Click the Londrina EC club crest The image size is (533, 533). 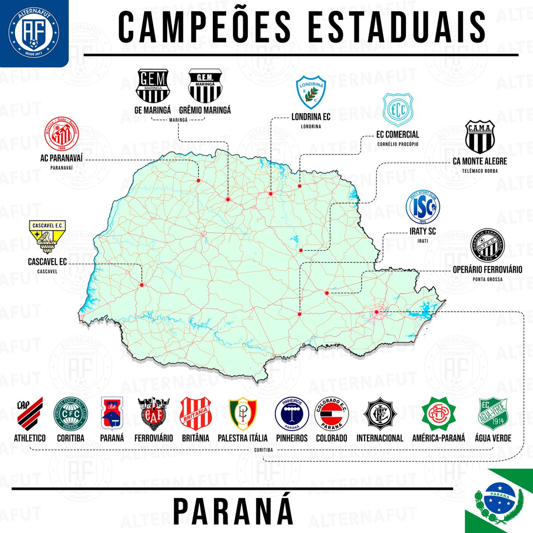pyautogui.click(x=311, y=92)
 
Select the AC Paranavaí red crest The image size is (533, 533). pyautogui.click(x=62, y=134)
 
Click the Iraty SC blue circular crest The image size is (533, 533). pyautogui.click(x=422, y=207)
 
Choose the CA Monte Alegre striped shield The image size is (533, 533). pyautogui.click(x=480, y=137)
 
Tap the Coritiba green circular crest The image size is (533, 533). pyautogui.click(x=71, y=414)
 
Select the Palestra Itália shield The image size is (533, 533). pyautogui.click(x=243, y=414)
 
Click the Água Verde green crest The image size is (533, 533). pyautogui.click(x=493, y=414)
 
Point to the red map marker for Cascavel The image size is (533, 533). pyautogui.click(x=142, y=285)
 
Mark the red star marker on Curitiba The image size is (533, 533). pyautogui.click(x=377, y=312)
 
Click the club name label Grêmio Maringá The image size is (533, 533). pyautogui.click(x=205, y=110)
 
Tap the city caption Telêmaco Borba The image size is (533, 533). pyautogui.click(x=480, y=171)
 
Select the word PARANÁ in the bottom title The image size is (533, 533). pyautogui.click(x=233, y=511)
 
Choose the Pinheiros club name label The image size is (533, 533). pyautogui.click(x=292, y=438)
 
